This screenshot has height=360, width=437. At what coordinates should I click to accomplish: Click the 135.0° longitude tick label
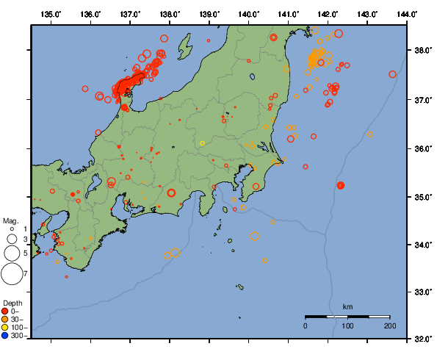51,14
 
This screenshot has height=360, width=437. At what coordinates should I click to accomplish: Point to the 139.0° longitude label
209,14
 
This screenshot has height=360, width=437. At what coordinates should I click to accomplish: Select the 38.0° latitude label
422,51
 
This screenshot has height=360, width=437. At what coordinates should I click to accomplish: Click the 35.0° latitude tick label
422,197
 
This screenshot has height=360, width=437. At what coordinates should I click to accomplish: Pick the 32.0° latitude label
422,339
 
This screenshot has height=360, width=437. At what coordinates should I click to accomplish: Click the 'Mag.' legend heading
10,220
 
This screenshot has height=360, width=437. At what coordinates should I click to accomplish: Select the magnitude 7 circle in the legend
11,274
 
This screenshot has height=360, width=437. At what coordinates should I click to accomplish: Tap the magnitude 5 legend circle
11,253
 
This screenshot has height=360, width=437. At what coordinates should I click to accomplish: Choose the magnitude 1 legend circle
11,230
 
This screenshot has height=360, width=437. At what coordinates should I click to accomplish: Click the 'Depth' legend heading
12,303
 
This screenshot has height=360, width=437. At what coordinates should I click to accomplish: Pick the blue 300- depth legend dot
5,336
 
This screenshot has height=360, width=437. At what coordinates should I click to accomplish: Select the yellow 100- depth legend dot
5,328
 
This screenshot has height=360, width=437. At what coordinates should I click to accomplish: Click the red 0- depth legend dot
5,311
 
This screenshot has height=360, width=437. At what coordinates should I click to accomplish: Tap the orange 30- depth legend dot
5,319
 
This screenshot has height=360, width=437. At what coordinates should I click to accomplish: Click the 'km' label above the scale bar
347,306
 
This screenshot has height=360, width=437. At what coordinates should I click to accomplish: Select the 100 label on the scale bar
347,325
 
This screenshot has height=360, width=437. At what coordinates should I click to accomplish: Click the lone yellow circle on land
202,143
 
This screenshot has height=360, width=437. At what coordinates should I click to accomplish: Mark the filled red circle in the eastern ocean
341,185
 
